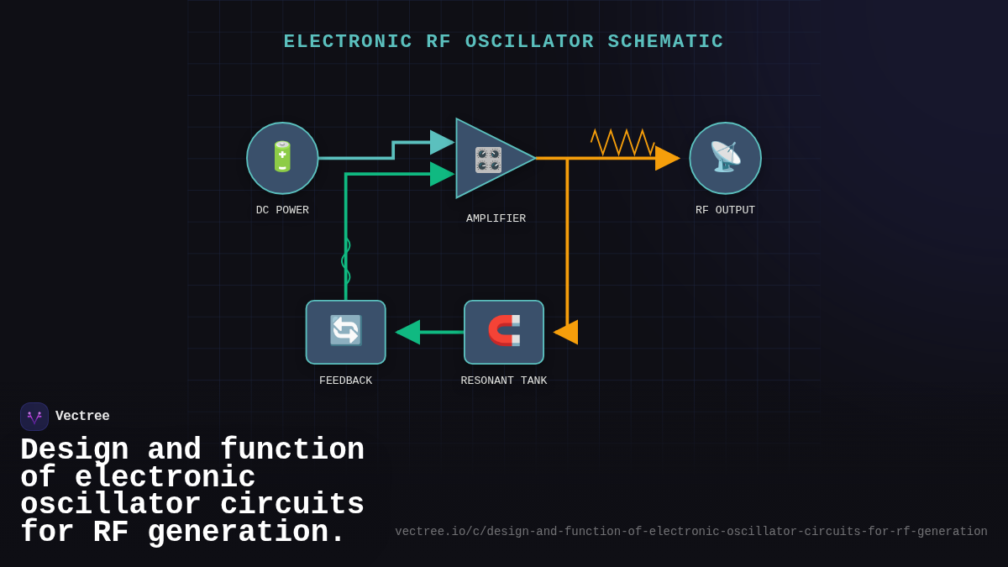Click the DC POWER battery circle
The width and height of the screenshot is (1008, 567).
pyautogui.click(x=282, y=158)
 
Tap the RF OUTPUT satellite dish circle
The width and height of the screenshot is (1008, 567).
pyautogui.click(x=725, y=158)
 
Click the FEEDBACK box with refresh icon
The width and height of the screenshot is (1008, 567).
pyautogui.click(x=345, y=332)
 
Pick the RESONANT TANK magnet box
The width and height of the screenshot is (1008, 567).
pyautogui.click(x=504, y=332)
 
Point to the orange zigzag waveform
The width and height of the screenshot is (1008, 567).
pyautogui.click(x=622, y=142)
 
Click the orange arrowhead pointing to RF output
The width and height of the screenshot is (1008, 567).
pyautogui.click(x=667, y=158)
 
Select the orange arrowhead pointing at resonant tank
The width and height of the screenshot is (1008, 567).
pyautogui.click(x=566, y=332)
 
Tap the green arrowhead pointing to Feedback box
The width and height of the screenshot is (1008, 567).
pyautogui.click(x=407, y=332)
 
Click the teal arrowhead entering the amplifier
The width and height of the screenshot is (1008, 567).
pyautogui.click(x=442, y=142)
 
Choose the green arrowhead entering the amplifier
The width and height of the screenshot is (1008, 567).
pyautogui.click(x=442, y=174)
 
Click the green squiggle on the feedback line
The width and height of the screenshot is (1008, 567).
pyautogui.click(x=345, y=261)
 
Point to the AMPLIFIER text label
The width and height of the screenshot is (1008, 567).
pyautogui.click(x=496, y=218)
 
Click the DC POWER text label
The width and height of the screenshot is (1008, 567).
pyautogui.click(x=282, y=210)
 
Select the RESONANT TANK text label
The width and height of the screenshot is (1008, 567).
pyautogui.click(x=504, y=381)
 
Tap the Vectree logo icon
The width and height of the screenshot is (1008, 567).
pyautogui.click(x=34, y=417)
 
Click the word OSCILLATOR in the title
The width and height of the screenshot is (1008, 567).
pyautogui.click(x=529, y=42)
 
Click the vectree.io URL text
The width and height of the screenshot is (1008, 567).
pyautogui.click(x=690, y=532)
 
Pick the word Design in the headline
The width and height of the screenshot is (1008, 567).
pyautogui.click(x=74, y=450)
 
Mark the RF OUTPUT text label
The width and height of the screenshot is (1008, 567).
pyautogui.click(x=725, y=210)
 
